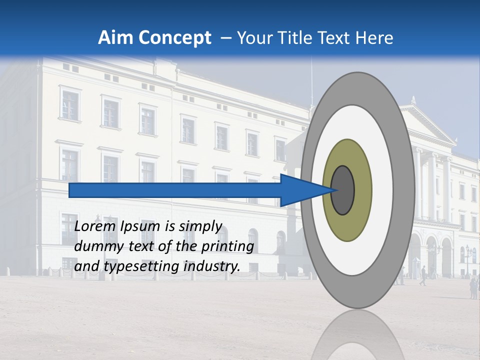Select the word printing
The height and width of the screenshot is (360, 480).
227,246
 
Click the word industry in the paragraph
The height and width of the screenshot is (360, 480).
211,267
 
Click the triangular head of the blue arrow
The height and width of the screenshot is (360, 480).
300,190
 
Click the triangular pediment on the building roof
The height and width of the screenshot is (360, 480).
425,122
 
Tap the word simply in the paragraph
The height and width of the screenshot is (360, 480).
199,226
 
